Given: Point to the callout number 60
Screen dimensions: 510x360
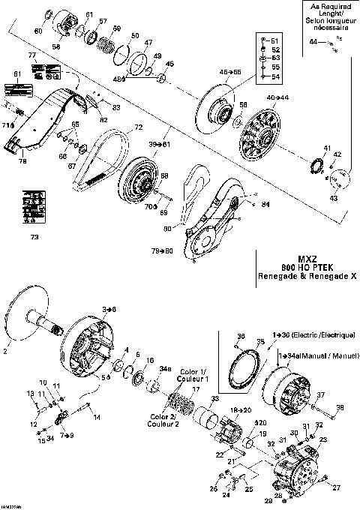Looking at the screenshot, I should coord(39,31).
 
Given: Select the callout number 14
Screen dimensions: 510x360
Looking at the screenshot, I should coord(96,428).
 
